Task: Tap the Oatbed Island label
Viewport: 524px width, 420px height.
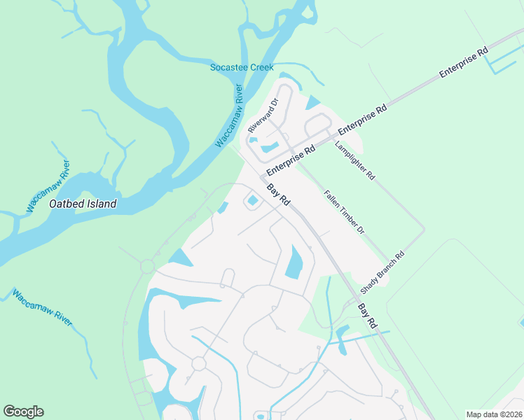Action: pos(83,205)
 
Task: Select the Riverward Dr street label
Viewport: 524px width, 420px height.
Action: pos(263,115)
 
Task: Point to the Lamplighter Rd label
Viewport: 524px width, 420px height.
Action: pos(355,160)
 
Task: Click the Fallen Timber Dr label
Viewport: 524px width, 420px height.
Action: pos(344,211)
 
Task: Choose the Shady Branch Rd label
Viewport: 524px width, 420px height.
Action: pos(382,272)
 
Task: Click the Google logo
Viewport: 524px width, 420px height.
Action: pos(23,412)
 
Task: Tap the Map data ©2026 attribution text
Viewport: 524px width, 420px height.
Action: pos(493,414)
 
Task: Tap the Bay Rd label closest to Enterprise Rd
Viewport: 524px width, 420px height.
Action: pos(279,195)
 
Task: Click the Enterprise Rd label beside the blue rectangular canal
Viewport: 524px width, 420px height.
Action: pos(463,63)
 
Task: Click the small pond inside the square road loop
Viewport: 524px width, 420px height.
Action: pos(252,202)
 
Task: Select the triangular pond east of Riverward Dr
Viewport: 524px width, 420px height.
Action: pos(312,103)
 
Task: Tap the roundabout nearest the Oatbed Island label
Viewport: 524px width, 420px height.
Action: pos(147,266)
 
